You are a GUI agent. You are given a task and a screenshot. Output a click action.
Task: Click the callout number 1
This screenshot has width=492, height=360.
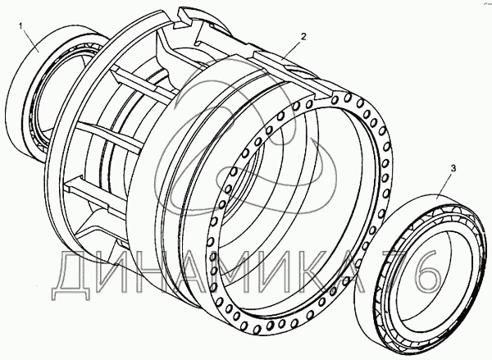click(x=21, y=25)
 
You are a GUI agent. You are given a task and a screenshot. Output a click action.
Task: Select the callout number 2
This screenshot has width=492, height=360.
click(x=303, y=36)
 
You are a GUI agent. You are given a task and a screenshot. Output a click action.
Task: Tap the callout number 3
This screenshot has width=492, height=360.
click(x=453, y=169)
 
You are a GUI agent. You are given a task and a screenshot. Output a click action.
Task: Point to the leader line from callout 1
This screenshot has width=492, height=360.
click(x=30, y=39)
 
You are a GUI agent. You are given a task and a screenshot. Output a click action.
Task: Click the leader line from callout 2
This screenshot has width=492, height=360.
click(x=292, y=49)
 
